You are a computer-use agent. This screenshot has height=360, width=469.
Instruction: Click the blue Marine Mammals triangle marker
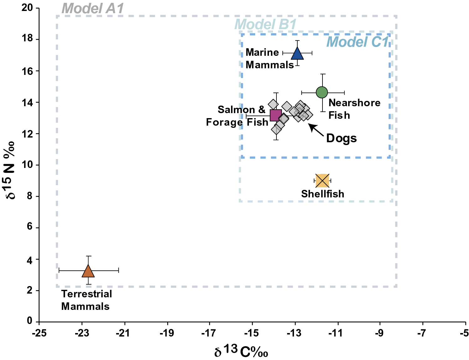(x=297, y=54)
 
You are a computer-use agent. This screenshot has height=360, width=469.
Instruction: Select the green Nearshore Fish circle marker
(x=322, y=92)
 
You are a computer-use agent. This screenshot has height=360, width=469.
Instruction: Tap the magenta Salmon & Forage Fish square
(x=276, y=115)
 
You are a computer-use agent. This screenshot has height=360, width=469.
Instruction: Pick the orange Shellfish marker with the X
(x=322, y=180)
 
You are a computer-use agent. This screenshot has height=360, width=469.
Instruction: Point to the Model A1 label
(x=93, y=9)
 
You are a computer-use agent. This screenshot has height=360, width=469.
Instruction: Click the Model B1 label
(x=265, y=24)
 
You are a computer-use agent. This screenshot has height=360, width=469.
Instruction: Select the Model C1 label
(x=358, y=42)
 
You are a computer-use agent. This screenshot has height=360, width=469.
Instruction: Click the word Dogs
(x=341, y=138)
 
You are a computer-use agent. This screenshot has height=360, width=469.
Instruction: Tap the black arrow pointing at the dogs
(x=316, y=130)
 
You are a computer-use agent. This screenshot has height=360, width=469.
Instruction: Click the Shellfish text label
(x=322, y=194)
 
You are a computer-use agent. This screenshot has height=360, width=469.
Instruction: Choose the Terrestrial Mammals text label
(x=86, y=300)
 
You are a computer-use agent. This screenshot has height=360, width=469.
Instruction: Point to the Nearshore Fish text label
(x=354, y=109)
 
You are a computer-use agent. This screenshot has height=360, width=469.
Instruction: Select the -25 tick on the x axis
(x=39, y=333)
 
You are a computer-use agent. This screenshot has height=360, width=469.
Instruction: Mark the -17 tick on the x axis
(x=209, y=333)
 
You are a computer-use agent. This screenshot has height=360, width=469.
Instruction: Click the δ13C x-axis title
(x=241, y=351)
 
